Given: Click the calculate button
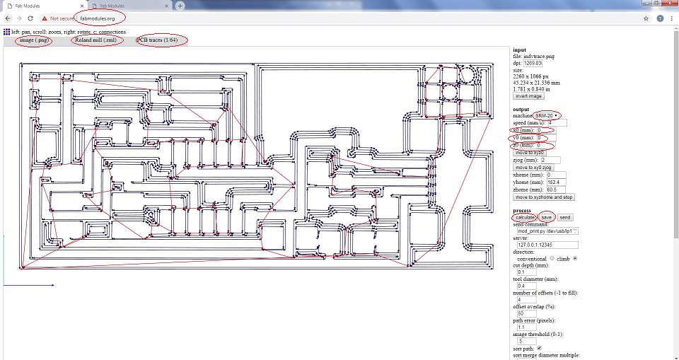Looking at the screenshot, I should click(x=524, y=217).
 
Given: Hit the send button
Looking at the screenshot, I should click(x=565, y=217).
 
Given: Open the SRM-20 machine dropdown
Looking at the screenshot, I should click(x=547, y=115).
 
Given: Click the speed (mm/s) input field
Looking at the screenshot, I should click(x=557, y=123).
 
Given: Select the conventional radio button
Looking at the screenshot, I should click(x=551, y=258).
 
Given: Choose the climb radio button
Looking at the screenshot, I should click(x=575, y=258).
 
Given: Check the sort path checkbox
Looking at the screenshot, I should click(x=540, y=348).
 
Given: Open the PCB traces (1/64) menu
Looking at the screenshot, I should click(x=161, y=40).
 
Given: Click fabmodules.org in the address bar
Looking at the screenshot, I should click(x=98, y=18).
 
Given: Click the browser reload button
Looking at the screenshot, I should click(x=30, y=18).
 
